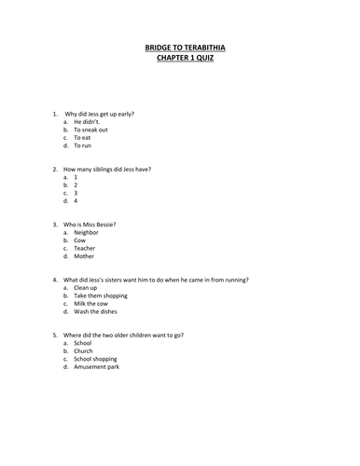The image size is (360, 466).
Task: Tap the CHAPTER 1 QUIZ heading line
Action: (x=179, y=57)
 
